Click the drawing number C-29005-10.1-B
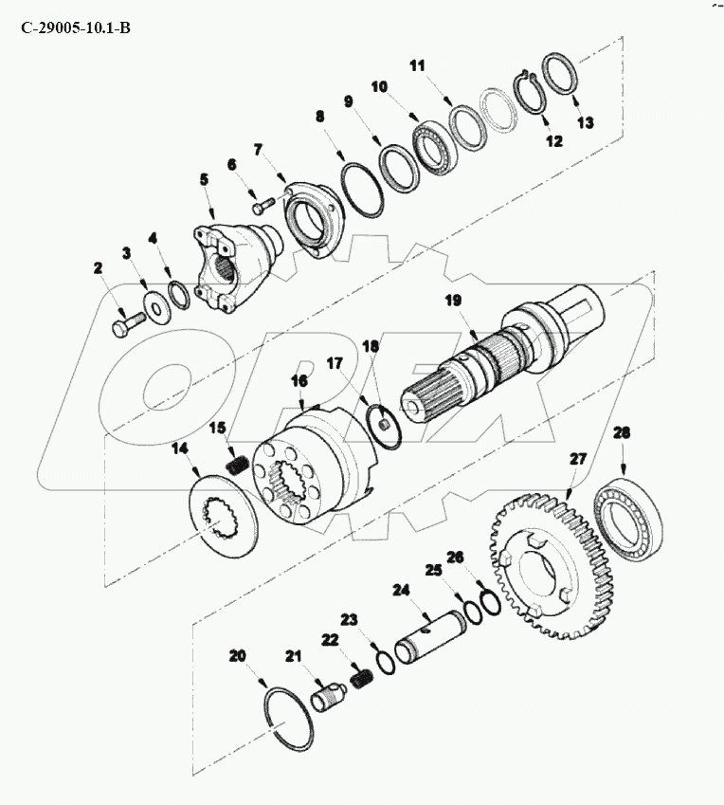(x=76, y=27)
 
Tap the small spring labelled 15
(x=237, y=466)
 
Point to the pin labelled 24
(x=430, y=637)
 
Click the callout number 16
(x=299, y=380)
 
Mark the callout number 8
(x=320, y=116)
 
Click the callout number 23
(x=349, y=619)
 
